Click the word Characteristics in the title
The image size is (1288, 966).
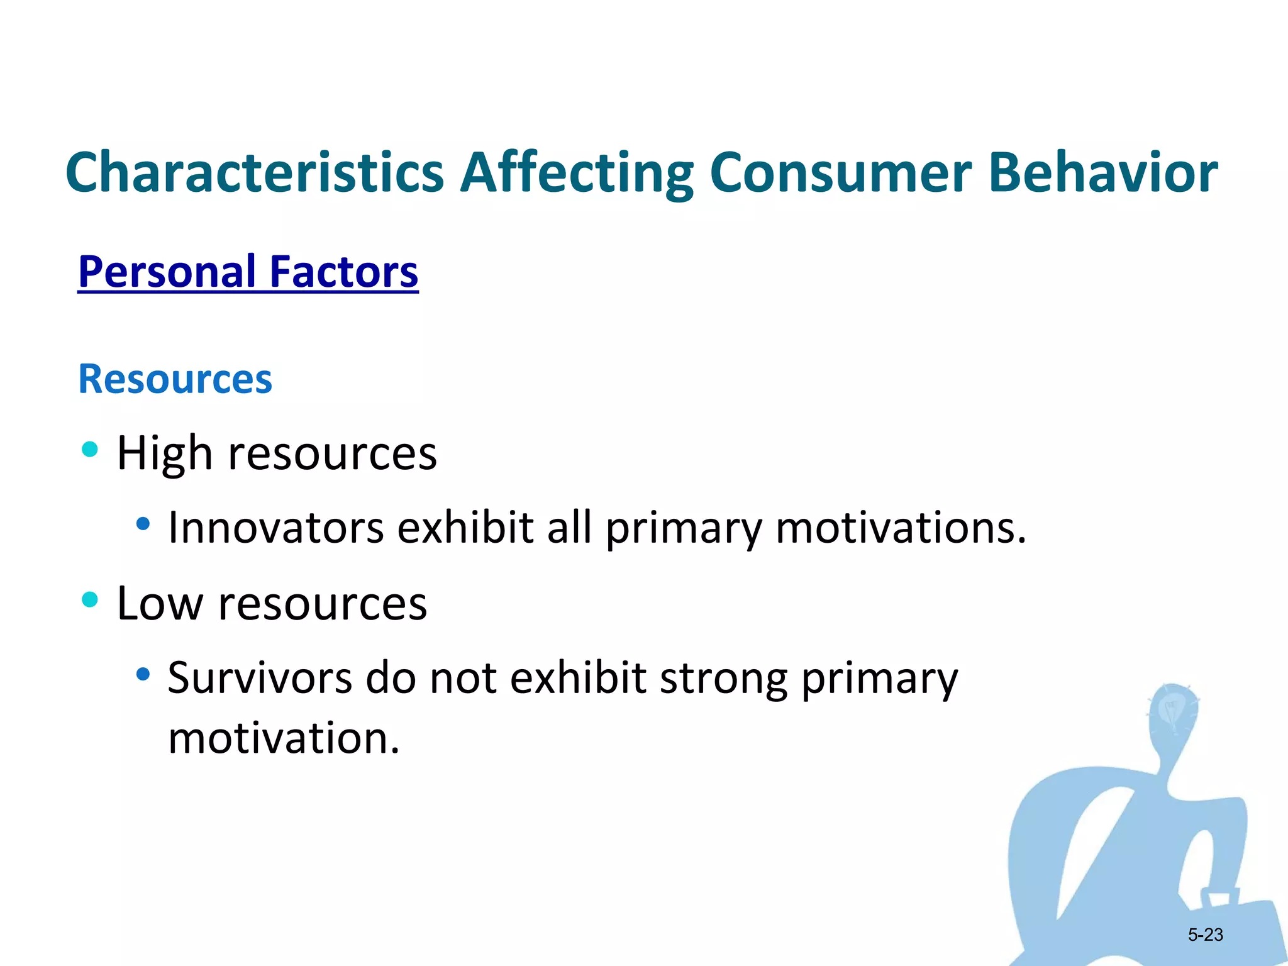point(255,172)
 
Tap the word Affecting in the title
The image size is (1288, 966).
point(577,172)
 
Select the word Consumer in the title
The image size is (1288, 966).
point(840,172)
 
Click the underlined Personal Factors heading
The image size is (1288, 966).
point(248,272)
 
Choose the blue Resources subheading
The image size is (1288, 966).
point(175,379)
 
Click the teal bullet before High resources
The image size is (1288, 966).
point(90,449)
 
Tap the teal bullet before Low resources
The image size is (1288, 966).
point(90,599)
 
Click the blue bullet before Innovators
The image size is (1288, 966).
point(143,523)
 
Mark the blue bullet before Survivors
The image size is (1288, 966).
point(143,674)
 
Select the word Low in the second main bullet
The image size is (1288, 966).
point(160,604)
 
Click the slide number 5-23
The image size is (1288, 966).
point(1205,935)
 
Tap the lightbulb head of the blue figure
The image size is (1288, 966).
point(1172,714)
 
